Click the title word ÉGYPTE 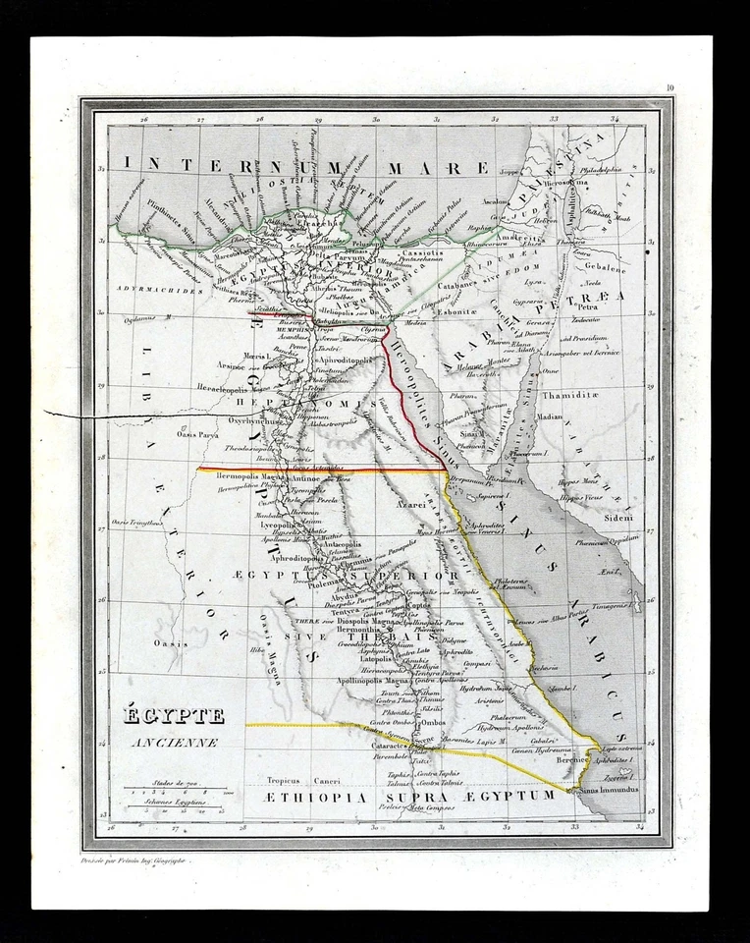[173, 716]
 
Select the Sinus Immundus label [608, 790]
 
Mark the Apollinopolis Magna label [372, 680]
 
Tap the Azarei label [411, 502]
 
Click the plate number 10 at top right [669, 89]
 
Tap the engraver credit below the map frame [138, 860]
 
